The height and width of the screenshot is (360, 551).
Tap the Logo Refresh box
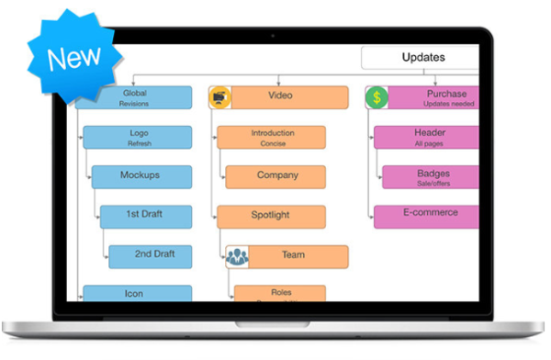138,138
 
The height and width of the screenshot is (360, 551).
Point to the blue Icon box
138,294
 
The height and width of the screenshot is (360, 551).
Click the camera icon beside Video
220,97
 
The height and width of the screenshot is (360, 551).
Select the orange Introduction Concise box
272,138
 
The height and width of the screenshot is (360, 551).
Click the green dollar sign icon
377,97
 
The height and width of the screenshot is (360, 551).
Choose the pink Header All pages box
427,138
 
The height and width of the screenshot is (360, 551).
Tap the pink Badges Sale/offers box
432,177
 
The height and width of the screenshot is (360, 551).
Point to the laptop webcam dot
271,35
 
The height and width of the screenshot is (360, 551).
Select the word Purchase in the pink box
446,94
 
